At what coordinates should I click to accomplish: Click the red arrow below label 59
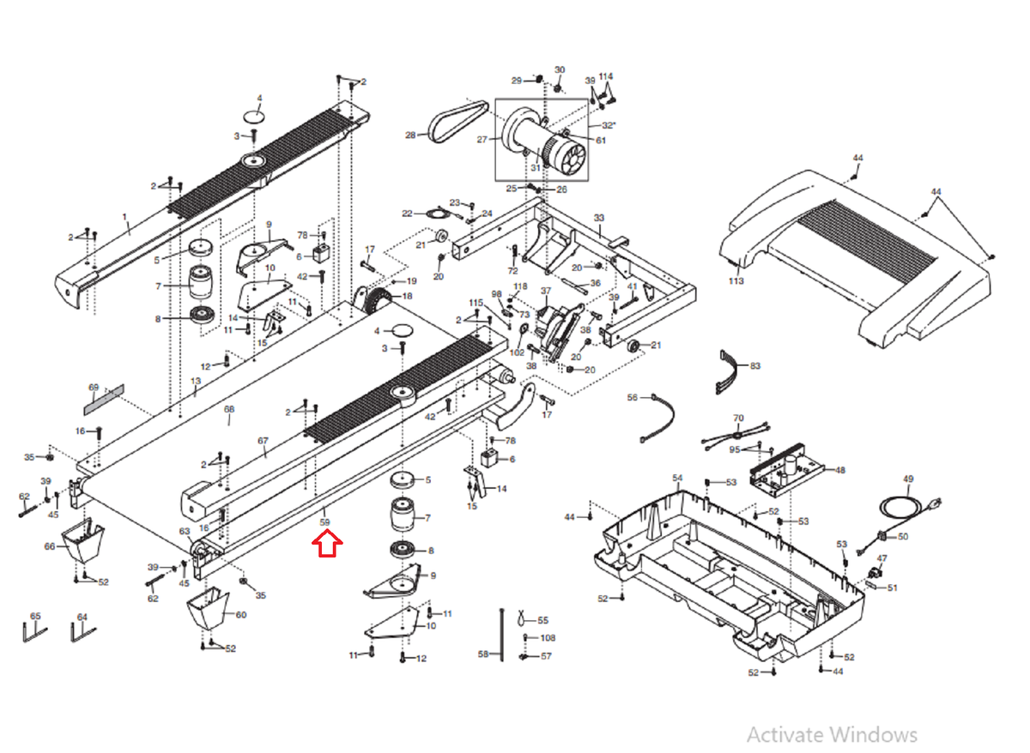[327, 544]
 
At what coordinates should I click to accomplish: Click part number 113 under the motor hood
[736, 280]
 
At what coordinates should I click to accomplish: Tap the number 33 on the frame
[599, 218]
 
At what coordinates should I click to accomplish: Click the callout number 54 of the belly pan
[677, 478]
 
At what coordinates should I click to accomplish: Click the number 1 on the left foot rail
[124, 217]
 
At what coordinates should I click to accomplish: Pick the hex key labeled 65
[33, 632]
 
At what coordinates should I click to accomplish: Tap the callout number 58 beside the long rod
[483, 654]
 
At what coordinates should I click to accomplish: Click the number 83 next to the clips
[755, 366]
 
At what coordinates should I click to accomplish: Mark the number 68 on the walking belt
[229, 410]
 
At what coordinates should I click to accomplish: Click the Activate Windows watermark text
[831, 735]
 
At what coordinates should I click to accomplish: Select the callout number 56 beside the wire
[633, 398]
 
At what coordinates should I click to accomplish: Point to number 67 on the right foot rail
[264, 441]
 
